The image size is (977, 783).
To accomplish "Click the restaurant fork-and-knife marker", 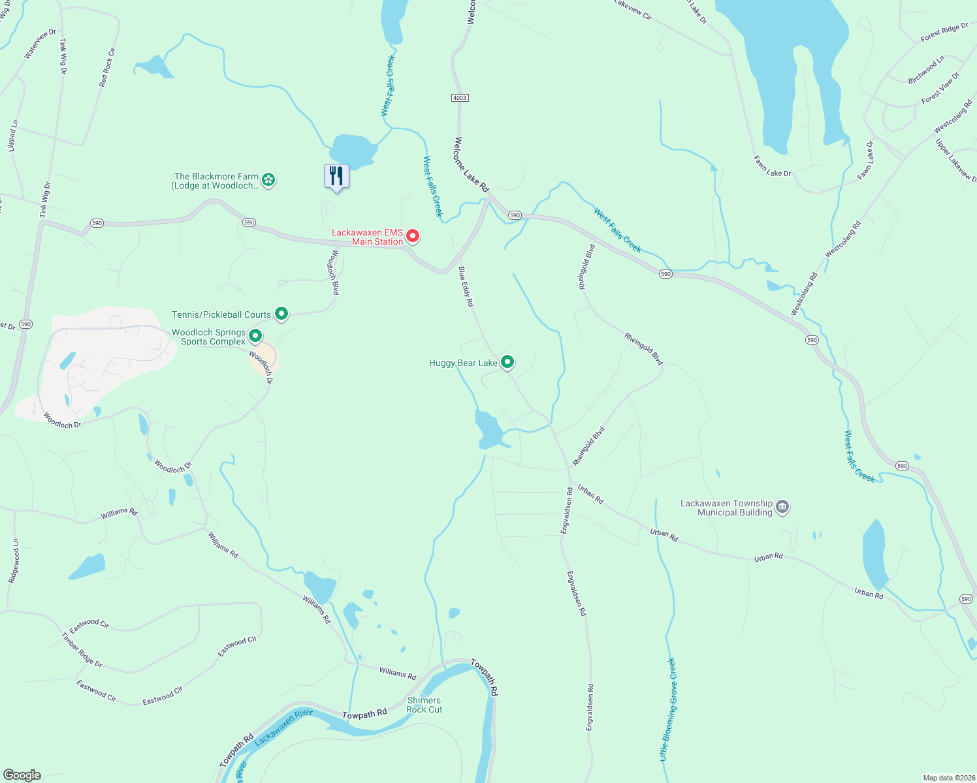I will tap(336, 176).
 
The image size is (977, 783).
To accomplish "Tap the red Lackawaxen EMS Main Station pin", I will tap(413, 236).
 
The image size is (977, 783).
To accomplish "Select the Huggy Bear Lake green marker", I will tap(507, 362).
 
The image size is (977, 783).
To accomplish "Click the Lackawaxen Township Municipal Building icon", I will tap(782, 507).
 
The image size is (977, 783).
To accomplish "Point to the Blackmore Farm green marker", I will tap(268, 179).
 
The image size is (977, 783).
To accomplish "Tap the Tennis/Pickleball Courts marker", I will tap(281, 314).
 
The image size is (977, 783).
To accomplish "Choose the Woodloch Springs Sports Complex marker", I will tap(255, 336).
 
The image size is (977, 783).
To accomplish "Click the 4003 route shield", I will tap(460, 98).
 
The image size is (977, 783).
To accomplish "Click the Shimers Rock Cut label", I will tap(424, 705).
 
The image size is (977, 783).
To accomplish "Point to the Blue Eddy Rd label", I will tap(466, 286).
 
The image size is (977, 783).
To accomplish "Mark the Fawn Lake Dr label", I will tap(772, 166).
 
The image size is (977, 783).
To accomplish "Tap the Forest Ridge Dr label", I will tap(944, 33).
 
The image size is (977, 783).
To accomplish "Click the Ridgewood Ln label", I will tap(14, 560).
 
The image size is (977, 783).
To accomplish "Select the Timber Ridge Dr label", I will tap(82, 650).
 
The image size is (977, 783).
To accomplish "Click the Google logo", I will tap(22, 775).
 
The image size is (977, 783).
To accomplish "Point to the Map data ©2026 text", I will tap(948, 778).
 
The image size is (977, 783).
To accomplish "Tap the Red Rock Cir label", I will tap(107, 67).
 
